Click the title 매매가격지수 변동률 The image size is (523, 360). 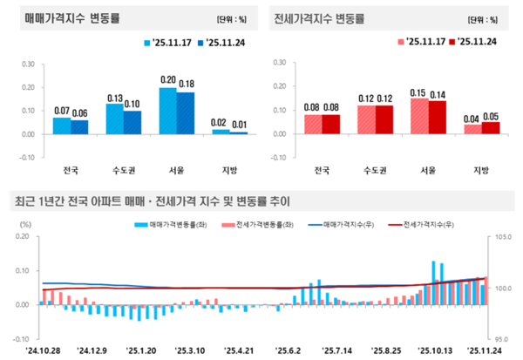(x=67, y=18)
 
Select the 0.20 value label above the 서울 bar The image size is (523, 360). (x=168, y=80)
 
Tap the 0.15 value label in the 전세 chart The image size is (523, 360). (x=419, y=92)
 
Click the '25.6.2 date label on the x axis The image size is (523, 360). (x=287, y=350)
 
